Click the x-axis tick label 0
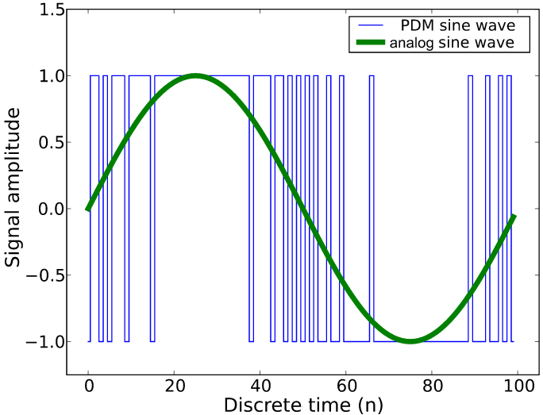coord(88,386)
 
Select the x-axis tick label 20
coord(174,386)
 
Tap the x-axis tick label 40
coord(260,386)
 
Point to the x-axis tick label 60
coord(345,386)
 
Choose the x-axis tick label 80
coord(431,386)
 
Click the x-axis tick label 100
coord(517,386)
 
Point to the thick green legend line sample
coord(367,42)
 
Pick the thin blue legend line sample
coord(367,25)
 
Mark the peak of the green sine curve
coord(195,76)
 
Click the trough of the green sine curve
coord(410,341)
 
